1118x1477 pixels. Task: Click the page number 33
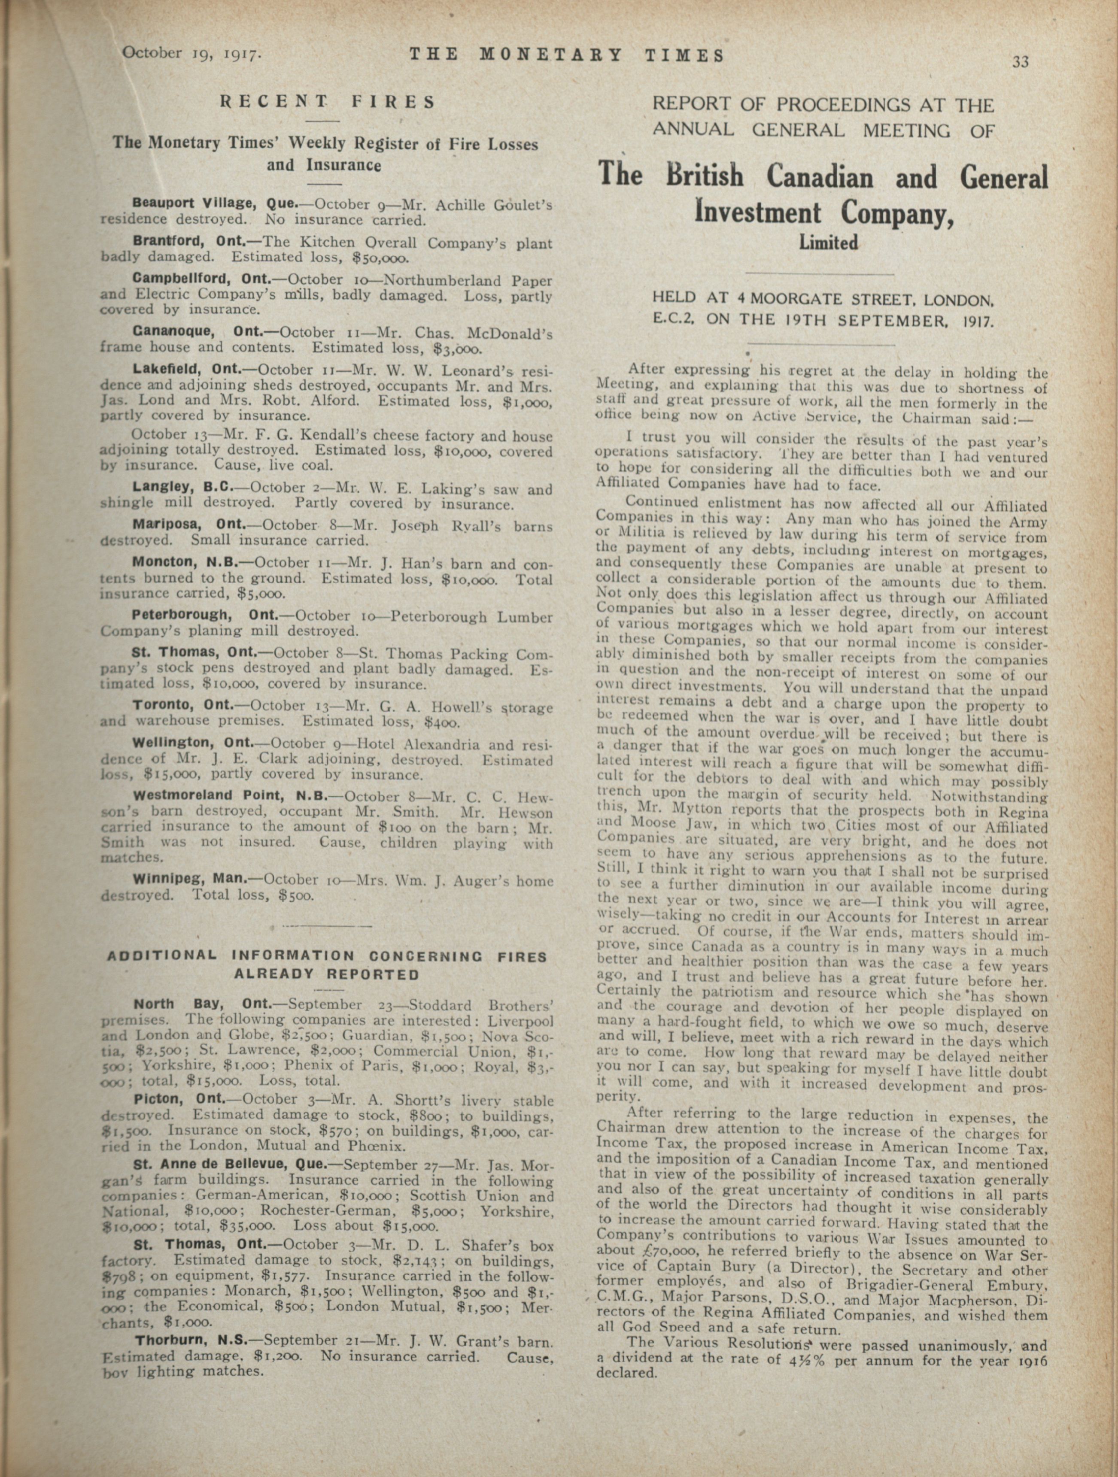pos(1020,62)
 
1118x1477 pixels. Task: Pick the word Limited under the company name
pos(828,243)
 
